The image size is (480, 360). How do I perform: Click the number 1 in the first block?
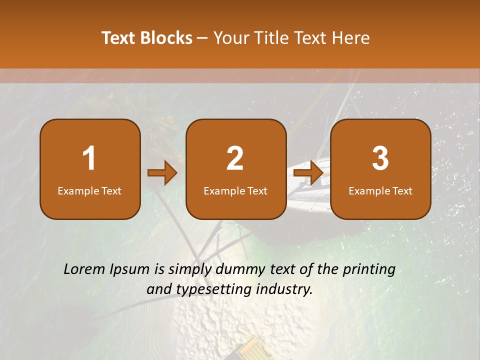[89, 158]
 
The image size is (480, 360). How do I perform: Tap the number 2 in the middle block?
[235, 158]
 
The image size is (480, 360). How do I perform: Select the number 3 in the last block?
[380, 158]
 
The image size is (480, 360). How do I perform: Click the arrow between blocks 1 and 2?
[162, 173]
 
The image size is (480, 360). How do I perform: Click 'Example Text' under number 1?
[89, 191]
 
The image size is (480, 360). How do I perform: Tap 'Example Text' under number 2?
[235, 191]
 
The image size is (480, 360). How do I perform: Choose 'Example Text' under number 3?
[380, 191]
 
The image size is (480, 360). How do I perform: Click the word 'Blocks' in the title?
[166, 38]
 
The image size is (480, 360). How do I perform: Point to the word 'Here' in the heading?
[351, 38]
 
